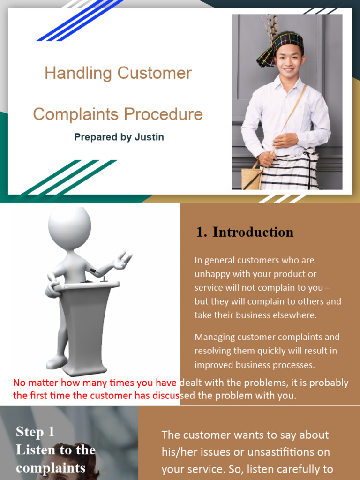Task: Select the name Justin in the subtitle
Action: tap(150, 137)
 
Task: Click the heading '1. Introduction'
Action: tap(244, 232)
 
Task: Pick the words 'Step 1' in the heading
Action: tap(35, 432)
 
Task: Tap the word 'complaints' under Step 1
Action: tap(51, 467)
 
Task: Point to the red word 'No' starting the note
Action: tap(19, 382)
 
